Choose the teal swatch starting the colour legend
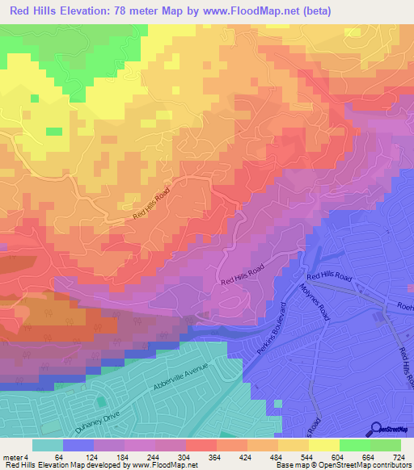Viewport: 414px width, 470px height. point(48,445)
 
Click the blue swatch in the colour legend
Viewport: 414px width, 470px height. point(78,445)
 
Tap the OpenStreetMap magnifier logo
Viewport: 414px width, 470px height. point(377,428)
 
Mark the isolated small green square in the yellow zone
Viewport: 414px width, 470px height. point(54,131)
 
